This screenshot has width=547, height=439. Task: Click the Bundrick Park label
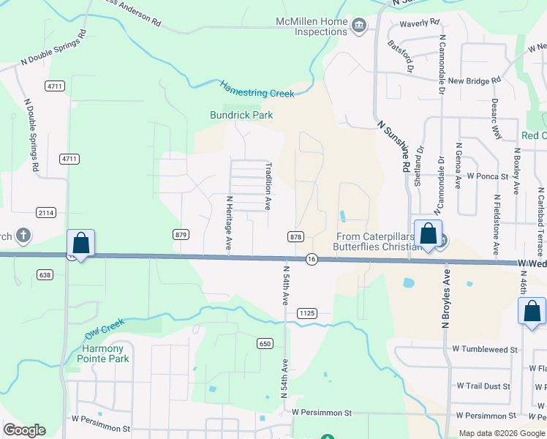(241, 115)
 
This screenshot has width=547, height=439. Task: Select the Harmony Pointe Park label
(105, 353)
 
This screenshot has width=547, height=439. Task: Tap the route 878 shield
(295, 236)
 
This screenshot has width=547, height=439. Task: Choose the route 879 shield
(181, 235)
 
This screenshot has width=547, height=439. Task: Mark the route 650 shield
(265, 343)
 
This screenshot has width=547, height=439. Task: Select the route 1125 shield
(307, 313)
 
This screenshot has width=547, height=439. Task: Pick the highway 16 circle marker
(312, 260)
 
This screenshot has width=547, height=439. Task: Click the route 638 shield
(45, 274)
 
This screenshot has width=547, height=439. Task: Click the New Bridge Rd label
(475, 80)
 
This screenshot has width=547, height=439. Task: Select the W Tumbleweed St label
(485, 350)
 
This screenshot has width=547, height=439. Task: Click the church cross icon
(23, 236)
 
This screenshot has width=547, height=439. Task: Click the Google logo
(24, 430)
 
